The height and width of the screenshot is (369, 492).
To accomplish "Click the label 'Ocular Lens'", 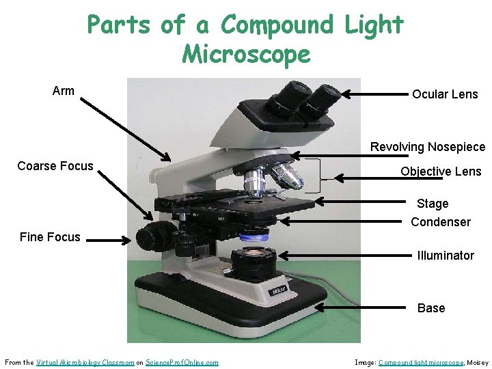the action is point(445,94).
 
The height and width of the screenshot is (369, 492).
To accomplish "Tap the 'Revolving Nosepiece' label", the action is point(428,147).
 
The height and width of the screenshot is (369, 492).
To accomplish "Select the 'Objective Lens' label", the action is point(441,172).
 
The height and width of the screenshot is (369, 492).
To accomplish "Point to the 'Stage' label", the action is point(433,204).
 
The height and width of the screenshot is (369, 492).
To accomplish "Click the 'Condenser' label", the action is point(441,222).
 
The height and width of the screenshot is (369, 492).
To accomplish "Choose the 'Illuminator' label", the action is point(446,256).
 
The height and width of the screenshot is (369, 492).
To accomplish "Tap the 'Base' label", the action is point(431,308).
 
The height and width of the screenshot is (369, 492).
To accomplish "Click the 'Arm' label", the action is point(64,91).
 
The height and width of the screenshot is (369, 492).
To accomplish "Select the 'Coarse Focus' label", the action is point(55,166).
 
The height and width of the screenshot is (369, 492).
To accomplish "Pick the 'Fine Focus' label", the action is point(50,237).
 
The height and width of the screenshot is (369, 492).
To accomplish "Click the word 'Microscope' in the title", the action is point(246,54).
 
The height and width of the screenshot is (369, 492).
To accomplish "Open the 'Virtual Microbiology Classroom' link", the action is point(85,362).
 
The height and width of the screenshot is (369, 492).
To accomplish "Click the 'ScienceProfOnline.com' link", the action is point(182,362).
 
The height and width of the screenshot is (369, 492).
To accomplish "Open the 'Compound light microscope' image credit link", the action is point(420,362).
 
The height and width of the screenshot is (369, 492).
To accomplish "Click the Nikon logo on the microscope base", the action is point(279,291).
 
